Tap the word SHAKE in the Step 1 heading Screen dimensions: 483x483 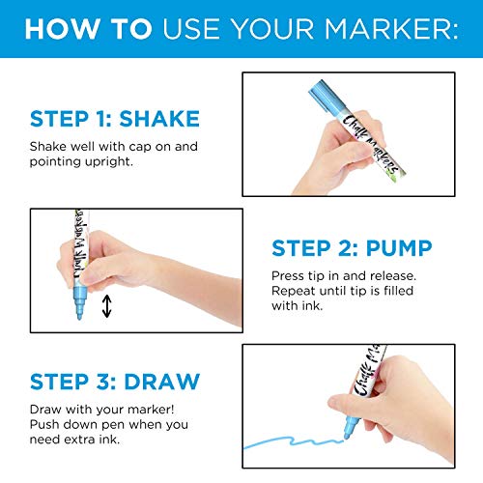(159, 119)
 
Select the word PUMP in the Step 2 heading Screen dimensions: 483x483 (399, 248)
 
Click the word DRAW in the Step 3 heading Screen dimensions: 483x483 (162, 382)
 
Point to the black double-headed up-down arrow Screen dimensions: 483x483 (107, 306)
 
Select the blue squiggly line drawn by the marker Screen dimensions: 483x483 (293, 441)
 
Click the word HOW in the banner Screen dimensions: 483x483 (62, 29)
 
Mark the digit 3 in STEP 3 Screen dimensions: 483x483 (103, 382)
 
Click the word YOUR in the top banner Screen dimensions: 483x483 (272, 29)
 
